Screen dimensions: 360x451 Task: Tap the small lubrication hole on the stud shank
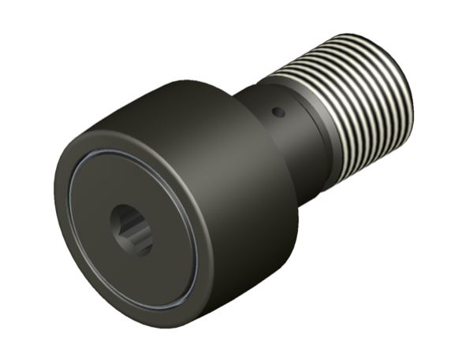point(278,113)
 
